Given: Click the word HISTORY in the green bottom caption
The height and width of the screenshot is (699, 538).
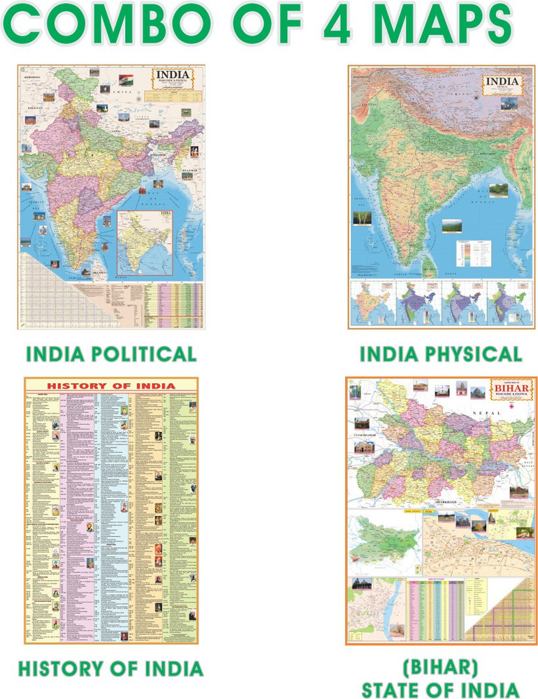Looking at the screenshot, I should [x=61, y=667].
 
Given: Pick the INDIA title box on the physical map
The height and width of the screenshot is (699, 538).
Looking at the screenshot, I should [x=501, y=85].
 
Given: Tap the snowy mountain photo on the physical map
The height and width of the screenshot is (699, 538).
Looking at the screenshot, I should [x=508, y=104].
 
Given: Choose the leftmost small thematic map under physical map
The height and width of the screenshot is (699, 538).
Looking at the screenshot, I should [x=371, y=303].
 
